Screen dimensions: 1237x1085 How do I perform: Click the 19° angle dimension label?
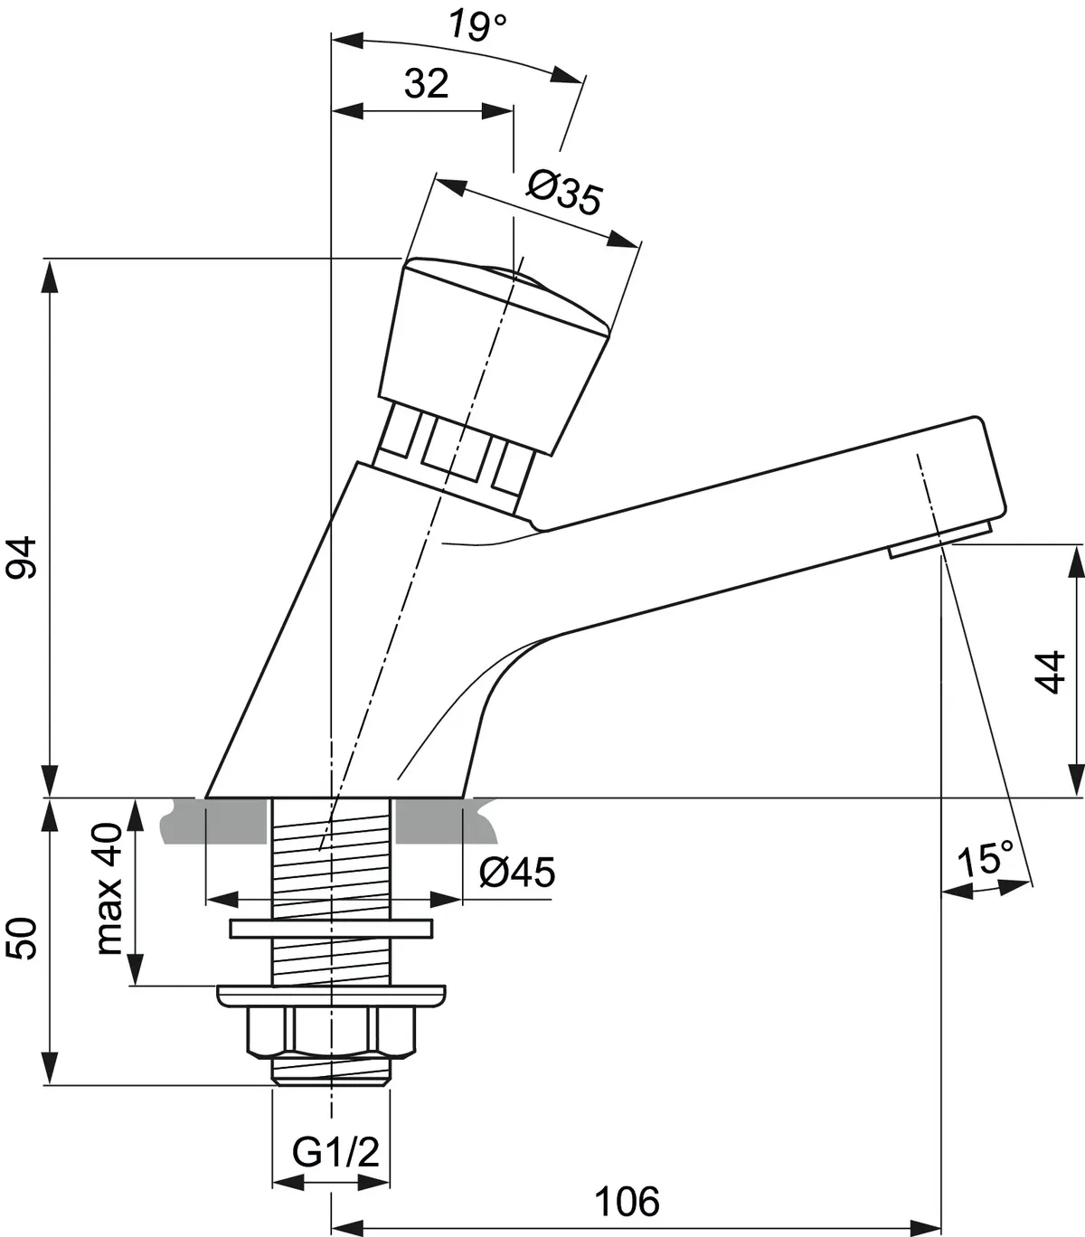point(477,26)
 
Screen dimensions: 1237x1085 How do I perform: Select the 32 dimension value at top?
point(426,84)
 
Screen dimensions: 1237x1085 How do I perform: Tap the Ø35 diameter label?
point(564,193)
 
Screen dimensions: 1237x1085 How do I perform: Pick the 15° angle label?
point(985,859)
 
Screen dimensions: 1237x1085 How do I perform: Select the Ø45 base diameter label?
point(516,873)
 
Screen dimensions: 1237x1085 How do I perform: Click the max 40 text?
point(109,890)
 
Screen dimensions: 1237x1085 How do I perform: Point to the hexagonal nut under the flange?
point(331,1033)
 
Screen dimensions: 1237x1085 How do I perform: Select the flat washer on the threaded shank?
point(331,929)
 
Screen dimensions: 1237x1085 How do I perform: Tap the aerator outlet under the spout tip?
point(940,541)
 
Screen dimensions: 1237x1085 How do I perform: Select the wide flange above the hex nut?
point(331,995)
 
